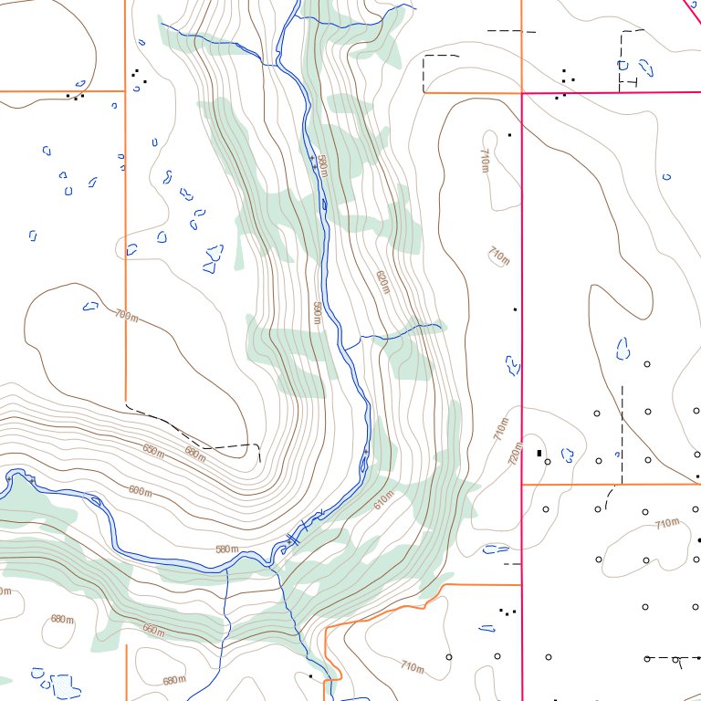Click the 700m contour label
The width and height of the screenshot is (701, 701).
coord(127,316)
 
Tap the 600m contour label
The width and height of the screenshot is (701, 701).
coord(140,491)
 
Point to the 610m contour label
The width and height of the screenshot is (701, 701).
coord(382,498)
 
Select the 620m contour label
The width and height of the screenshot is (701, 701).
coord(382,281)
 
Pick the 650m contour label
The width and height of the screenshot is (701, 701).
coord(153,448)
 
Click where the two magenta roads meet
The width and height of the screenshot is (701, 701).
coord(521,93)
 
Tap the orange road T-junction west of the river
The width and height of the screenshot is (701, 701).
coord(125,91)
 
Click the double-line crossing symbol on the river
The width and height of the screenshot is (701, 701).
coord(293,539)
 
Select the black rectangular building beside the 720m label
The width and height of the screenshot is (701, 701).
coord(539,453)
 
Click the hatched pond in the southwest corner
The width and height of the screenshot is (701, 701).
coord(62,685)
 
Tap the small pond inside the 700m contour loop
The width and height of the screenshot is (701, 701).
coord(89,306)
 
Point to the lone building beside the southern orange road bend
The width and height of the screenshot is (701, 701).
coord(310,676)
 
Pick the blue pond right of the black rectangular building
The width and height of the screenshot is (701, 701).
coord(566,454)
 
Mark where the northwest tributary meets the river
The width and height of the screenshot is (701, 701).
coord(276,64)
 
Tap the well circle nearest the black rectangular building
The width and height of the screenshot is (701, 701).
coord(548,462)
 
